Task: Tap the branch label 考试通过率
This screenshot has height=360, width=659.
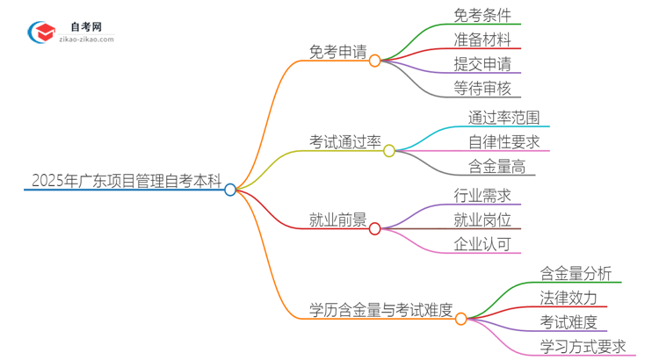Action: click(x=344, y=141)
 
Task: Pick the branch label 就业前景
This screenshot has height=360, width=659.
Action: click(x=337, y=220)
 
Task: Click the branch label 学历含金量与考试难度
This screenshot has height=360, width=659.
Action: click(x=380, y=309)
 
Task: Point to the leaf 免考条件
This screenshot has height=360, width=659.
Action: click(x=482, y=15)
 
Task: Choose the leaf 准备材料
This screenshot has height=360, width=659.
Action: click(x=482, y=40)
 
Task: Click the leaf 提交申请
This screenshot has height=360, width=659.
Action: click(x=482, y=63)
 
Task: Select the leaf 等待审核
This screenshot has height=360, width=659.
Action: click(x=482, y=88)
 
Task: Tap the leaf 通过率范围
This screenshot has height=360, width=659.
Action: click(x=503, y=116)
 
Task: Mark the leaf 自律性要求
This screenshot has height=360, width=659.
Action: click(x=503, y=140)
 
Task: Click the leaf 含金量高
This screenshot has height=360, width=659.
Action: click(x=496, y=165)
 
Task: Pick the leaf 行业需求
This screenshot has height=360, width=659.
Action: click(x=482, y=195)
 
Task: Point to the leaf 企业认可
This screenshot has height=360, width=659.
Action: click(x=482, y=244)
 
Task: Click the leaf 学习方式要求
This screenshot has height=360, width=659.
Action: click(x=583, y=346)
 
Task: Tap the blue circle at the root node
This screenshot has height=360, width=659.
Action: click(x=230, y=190)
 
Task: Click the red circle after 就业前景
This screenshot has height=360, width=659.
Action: click(x=375, y=229)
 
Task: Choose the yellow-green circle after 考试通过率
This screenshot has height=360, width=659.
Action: click(x=389, y=150)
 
